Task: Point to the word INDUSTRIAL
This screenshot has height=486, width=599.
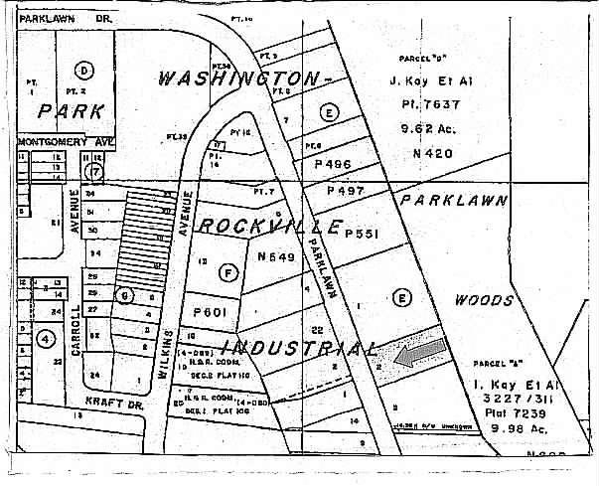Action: [298, 348]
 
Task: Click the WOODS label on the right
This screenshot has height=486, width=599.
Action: [484, 299]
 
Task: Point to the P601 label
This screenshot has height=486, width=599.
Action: [212, 312]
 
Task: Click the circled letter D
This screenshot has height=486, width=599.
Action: [84, 70]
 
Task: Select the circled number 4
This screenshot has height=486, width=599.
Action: [45, 338]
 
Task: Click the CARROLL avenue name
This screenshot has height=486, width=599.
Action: [75, 320]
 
